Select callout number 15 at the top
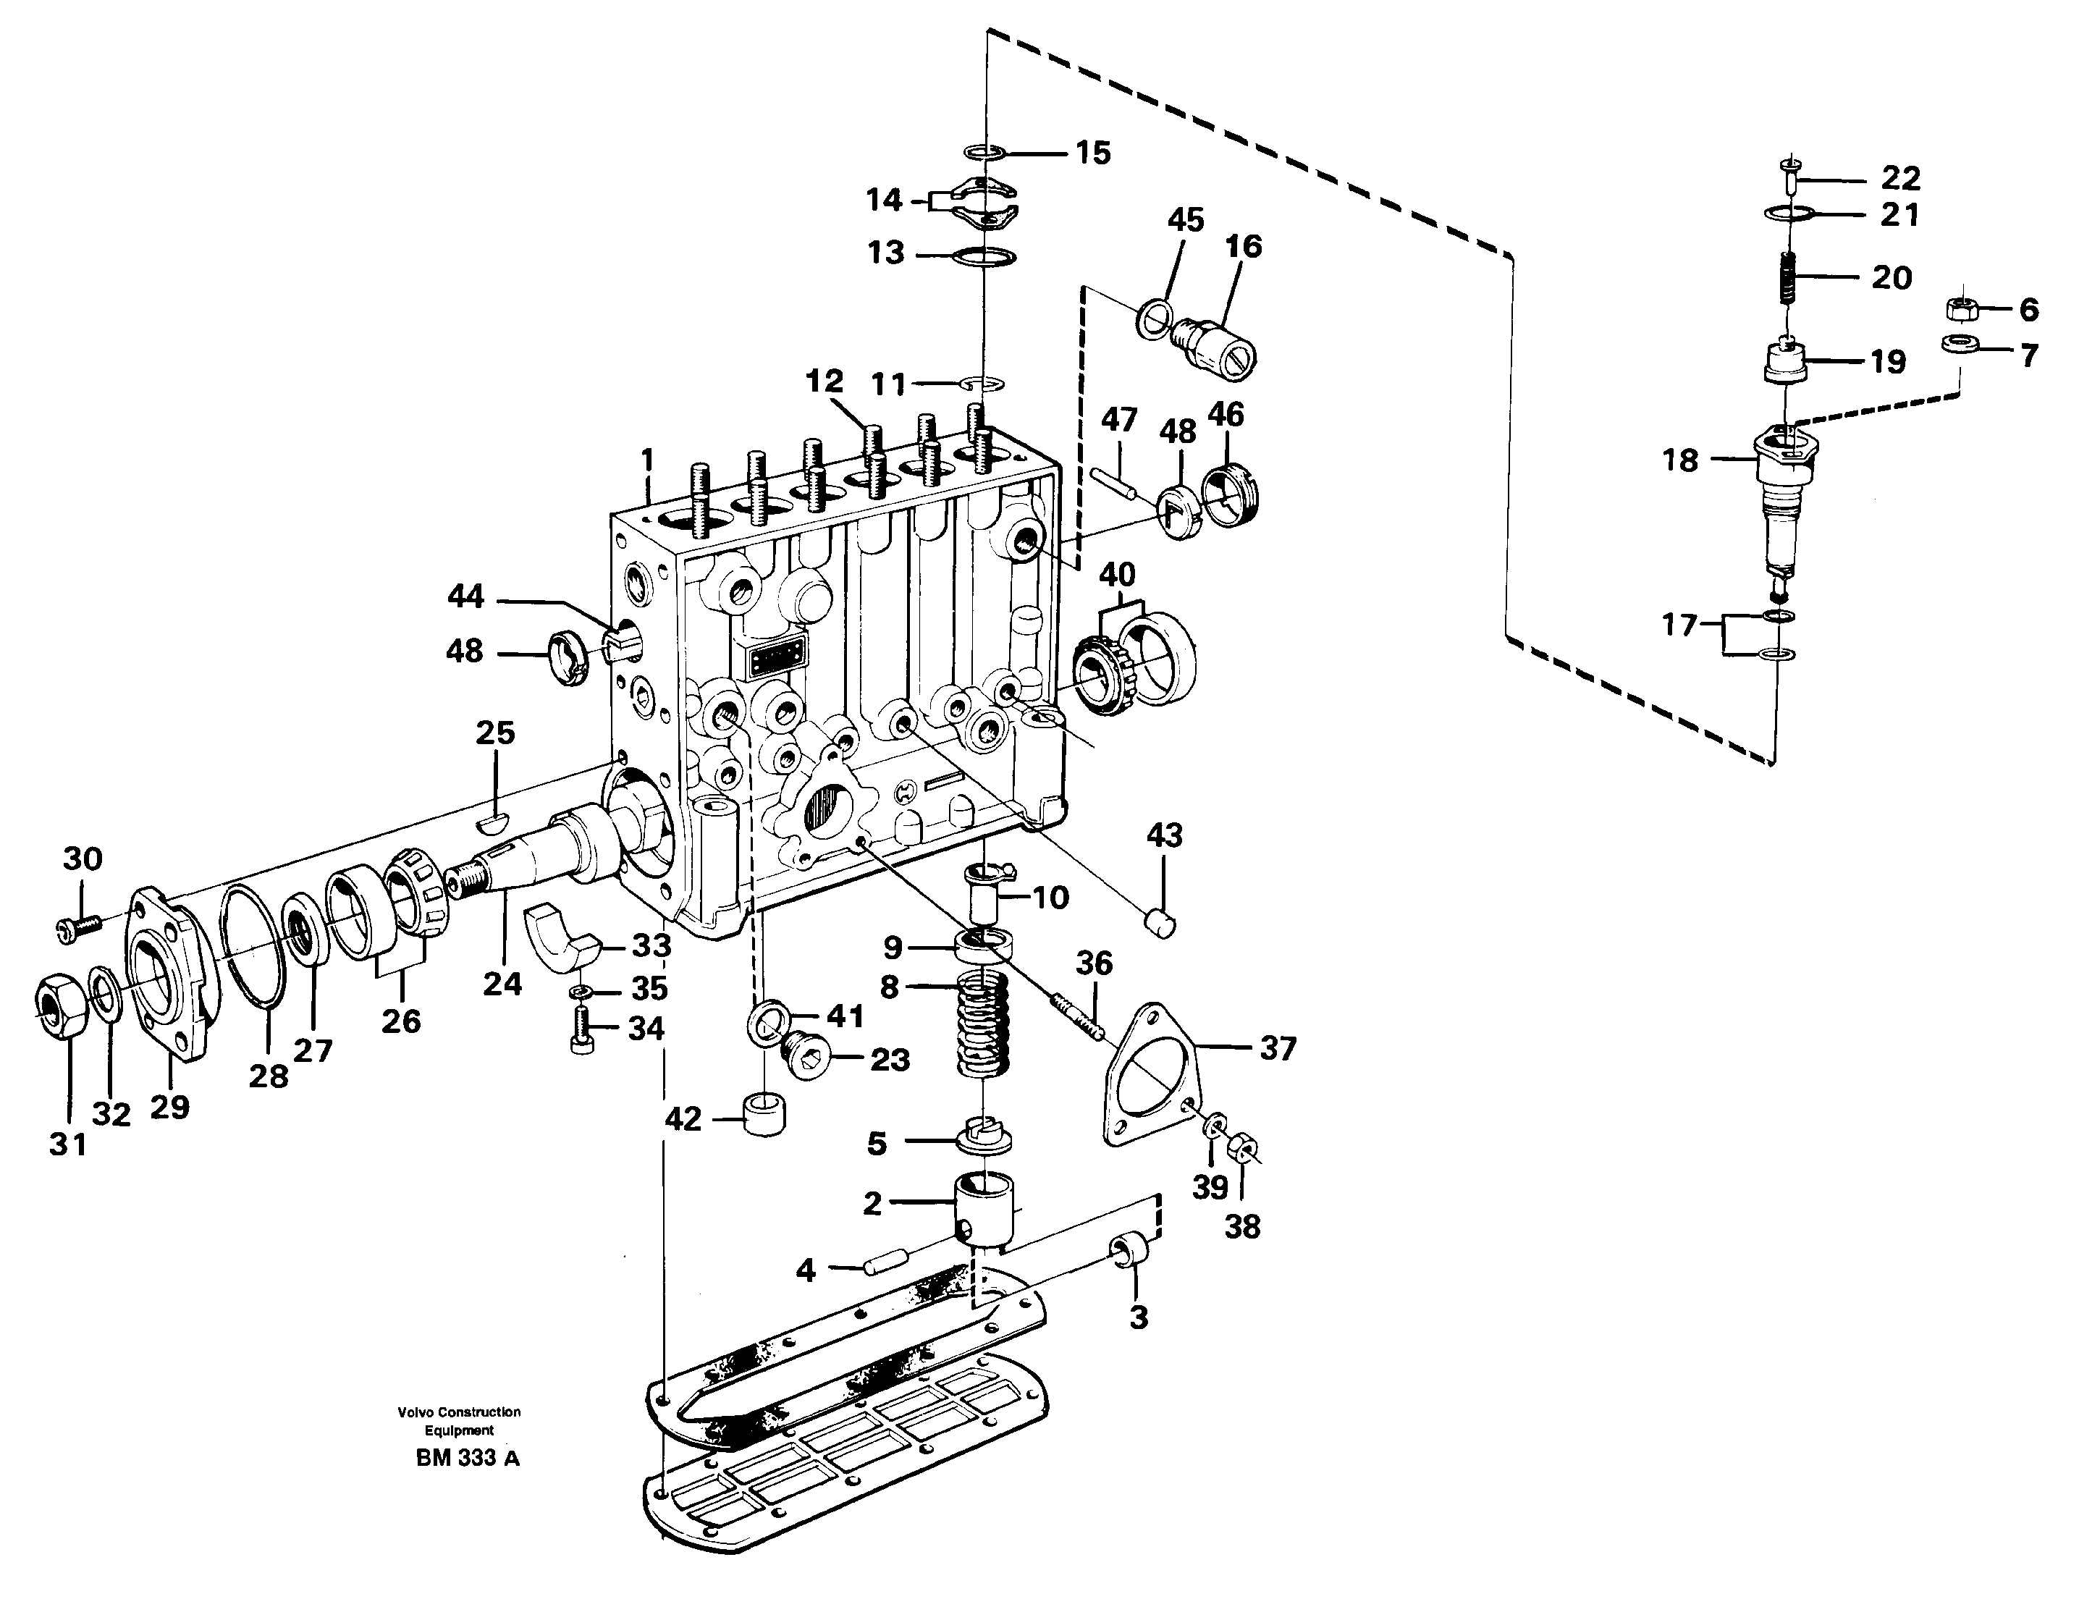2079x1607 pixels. click(1093, 153)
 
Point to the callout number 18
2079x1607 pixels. click(1680, 461)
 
